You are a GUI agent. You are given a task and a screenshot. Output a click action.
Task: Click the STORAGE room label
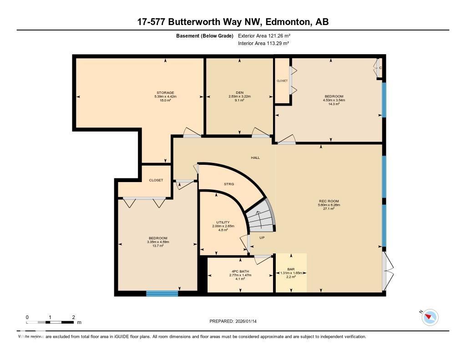[165, 93]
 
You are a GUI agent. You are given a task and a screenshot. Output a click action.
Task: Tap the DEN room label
[239, 93]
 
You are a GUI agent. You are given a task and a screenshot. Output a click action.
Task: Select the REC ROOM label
[329, 201]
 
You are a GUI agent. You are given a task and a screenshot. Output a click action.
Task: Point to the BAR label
[291, 269]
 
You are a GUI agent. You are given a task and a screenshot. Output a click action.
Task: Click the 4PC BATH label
[240, 272]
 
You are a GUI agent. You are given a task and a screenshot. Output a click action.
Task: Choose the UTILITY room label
[223, 223]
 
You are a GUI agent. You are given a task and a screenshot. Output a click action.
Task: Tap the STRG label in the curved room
[229, 184]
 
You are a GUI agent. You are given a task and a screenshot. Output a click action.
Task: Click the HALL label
[255, 157]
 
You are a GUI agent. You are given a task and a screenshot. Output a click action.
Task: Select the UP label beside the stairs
[262, 238]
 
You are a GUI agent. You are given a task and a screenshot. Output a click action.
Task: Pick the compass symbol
[430, 317]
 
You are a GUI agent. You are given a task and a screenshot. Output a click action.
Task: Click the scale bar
[50, 322]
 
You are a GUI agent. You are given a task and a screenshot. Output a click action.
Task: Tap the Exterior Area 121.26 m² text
[264, 35]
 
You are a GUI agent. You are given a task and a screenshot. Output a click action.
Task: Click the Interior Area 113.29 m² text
[263, 44]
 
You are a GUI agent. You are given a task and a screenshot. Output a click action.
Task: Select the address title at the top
[233, 22]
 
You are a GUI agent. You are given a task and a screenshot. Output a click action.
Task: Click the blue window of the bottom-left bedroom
[162, 293]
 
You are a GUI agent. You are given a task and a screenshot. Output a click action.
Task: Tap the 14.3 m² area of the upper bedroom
[334, 104]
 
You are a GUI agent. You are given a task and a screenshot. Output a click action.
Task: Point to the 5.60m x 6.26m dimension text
[329, 205]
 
